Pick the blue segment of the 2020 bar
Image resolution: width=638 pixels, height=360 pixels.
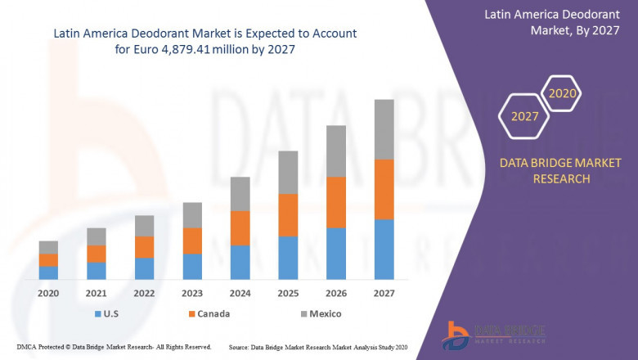tap(48, 272)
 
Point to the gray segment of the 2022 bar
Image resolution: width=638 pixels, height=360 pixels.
tap(144, 226)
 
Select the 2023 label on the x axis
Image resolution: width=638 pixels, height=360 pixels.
tap(192, 293)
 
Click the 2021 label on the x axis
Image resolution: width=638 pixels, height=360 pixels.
tap(97, 293)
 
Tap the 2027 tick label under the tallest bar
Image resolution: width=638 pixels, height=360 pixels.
tap(384, 293)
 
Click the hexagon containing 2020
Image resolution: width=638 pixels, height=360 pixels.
tap(563, 93)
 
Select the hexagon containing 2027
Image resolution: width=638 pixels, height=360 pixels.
tap(524, 116)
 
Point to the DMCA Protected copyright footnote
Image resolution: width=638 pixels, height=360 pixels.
tap(114, 347)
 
